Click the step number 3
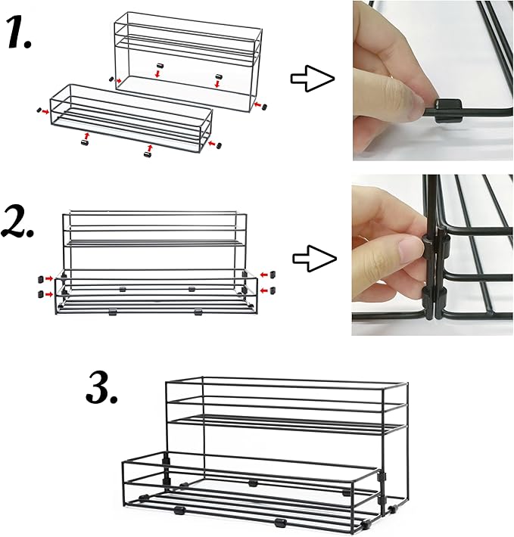[x=101, y=388]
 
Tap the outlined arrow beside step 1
[x=313, y=79]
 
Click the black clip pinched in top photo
[x=448, y=110]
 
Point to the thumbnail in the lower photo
[x=409, y=247]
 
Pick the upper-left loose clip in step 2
[x=40, y=279]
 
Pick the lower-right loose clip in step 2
[x=273, y=290]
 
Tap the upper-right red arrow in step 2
[x=265, y=275]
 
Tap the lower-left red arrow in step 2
[x=50, y=294]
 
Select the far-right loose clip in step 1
[x=264, y=107]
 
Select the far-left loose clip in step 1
[x=39, y=110]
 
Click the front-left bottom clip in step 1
[x=84, y=142]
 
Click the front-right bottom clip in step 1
[x=148, y=155]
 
